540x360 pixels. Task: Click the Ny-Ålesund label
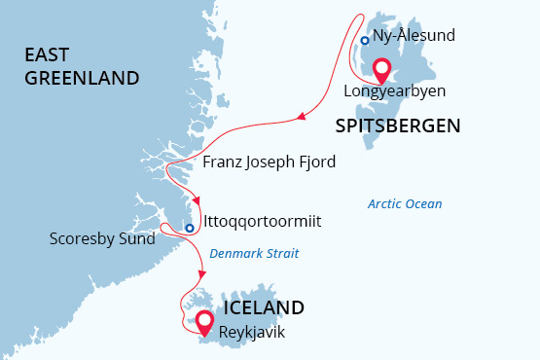tap(414, 36)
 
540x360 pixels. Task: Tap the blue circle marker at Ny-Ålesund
tap(364, 41)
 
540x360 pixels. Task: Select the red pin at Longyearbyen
tap(382, 70)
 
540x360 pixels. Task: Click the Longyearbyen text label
tap(394, 91)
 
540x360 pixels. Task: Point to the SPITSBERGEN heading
tap(397, 125)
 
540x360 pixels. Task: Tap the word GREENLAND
tap(83, 78)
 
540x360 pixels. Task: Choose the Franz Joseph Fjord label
tap(270, 162)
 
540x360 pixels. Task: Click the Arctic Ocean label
tap(405, 204)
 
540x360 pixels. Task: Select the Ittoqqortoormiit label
tap(263, 221)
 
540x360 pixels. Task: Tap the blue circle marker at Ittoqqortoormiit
tap(191, 228)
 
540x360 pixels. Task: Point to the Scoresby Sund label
tap(102, 238)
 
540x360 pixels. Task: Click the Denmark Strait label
tap(256, 251)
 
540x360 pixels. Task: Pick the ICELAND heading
tap(264, 307)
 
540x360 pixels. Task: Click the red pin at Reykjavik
tap(204, 321)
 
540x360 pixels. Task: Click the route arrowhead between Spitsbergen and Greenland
tap(300, 119)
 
